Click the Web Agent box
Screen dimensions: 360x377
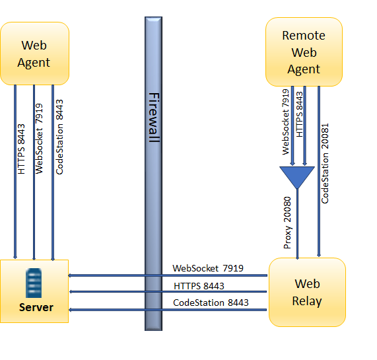[x=35, y=54]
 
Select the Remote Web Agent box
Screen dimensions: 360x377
[x=304, y=52]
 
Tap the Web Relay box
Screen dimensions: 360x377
[x=307, y=292]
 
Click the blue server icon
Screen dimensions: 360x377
[x=34, y=283]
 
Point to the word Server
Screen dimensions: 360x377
[x=36, y=308]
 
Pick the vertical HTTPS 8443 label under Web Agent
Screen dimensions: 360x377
[x=21, y=149]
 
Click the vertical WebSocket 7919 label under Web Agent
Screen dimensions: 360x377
[x=39, y=138]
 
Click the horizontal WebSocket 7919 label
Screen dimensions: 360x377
[x=208, y=268]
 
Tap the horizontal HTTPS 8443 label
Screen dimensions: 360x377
[x=199, y=285]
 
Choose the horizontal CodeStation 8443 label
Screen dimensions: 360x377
[x=211, y=303]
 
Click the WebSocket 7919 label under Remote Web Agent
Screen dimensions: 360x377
[x=287, y=122]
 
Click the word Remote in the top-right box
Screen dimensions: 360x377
[x=304, y=36]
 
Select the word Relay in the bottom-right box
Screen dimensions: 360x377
[x=307, y=301]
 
